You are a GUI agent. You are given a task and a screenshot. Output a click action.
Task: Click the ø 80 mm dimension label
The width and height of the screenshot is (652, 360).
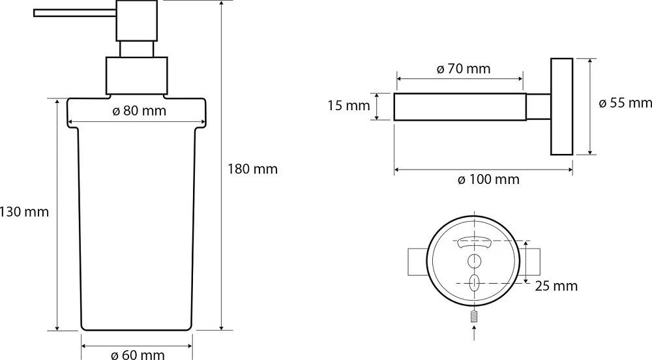click(140, 111)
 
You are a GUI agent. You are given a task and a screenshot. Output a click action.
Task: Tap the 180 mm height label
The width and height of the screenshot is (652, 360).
click(252, 169)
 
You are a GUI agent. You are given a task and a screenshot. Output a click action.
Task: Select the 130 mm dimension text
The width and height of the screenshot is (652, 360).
click(24, 212)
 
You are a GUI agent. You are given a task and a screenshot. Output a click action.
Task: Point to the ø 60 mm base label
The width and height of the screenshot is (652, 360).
click(138, 354)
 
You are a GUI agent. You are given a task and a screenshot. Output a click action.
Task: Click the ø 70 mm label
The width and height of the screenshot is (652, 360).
click(464, 68)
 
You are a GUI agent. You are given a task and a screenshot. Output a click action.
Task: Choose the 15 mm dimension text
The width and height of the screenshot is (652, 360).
click(348, 106)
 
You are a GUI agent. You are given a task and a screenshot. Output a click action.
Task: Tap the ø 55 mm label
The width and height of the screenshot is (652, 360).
click(625, 102)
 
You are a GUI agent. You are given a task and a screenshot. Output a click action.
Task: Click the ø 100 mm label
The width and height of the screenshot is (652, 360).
click(488, 179)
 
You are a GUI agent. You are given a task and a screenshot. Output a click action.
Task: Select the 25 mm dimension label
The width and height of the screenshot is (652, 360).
click(556, 286)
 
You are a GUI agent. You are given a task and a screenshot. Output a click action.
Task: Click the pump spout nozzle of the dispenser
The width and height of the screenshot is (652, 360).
click(75, 13)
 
